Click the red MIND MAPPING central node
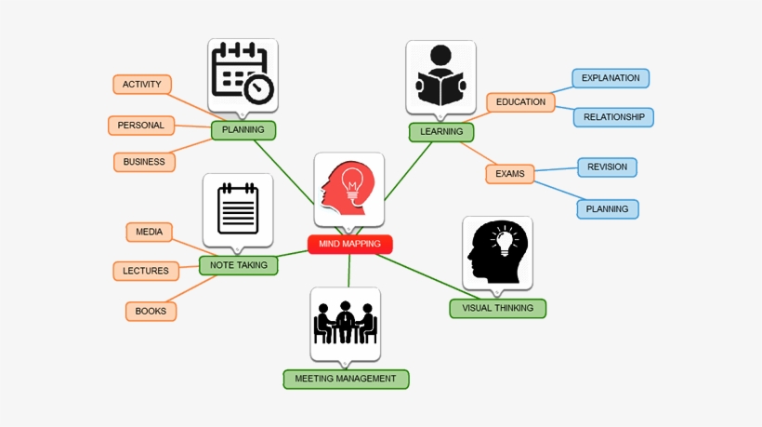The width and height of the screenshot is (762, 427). tap(349, 245)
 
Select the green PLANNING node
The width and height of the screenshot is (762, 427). tap(243, 130)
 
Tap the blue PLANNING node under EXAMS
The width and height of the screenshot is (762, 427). tap(607, 209)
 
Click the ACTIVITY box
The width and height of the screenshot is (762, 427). tap(142, 85)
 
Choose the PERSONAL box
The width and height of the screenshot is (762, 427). tap(140, 126)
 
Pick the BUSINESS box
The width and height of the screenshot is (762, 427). tap(144, 162)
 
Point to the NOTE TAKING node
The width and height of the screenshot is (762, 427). tap(238, 265)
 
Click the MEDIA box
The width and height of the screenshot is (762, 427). tap(149, 232)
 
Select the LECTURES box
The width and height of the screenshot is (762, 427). tap(146, 272)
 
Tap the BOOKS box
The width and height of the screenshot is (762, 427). tap(151, 312)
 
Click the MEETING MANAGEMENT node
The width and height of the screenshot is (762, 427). tap(346, 379)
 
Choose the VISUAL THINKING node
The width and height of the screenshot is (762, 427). tap(497, 308)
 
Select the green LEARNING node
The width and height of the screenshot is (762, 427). tap(440, 132)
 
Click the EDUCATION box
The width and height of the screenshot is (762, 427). tap(520, 102)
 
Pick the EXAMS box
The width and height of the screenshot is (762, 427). tap(509, 174)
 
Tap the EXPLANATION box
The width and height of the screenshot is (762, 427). tap(611, 78)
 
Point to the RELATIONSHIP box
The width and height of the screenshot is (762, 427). tap(613, 117)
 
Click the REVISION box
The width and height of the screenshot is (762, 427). tap(607, 167)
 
